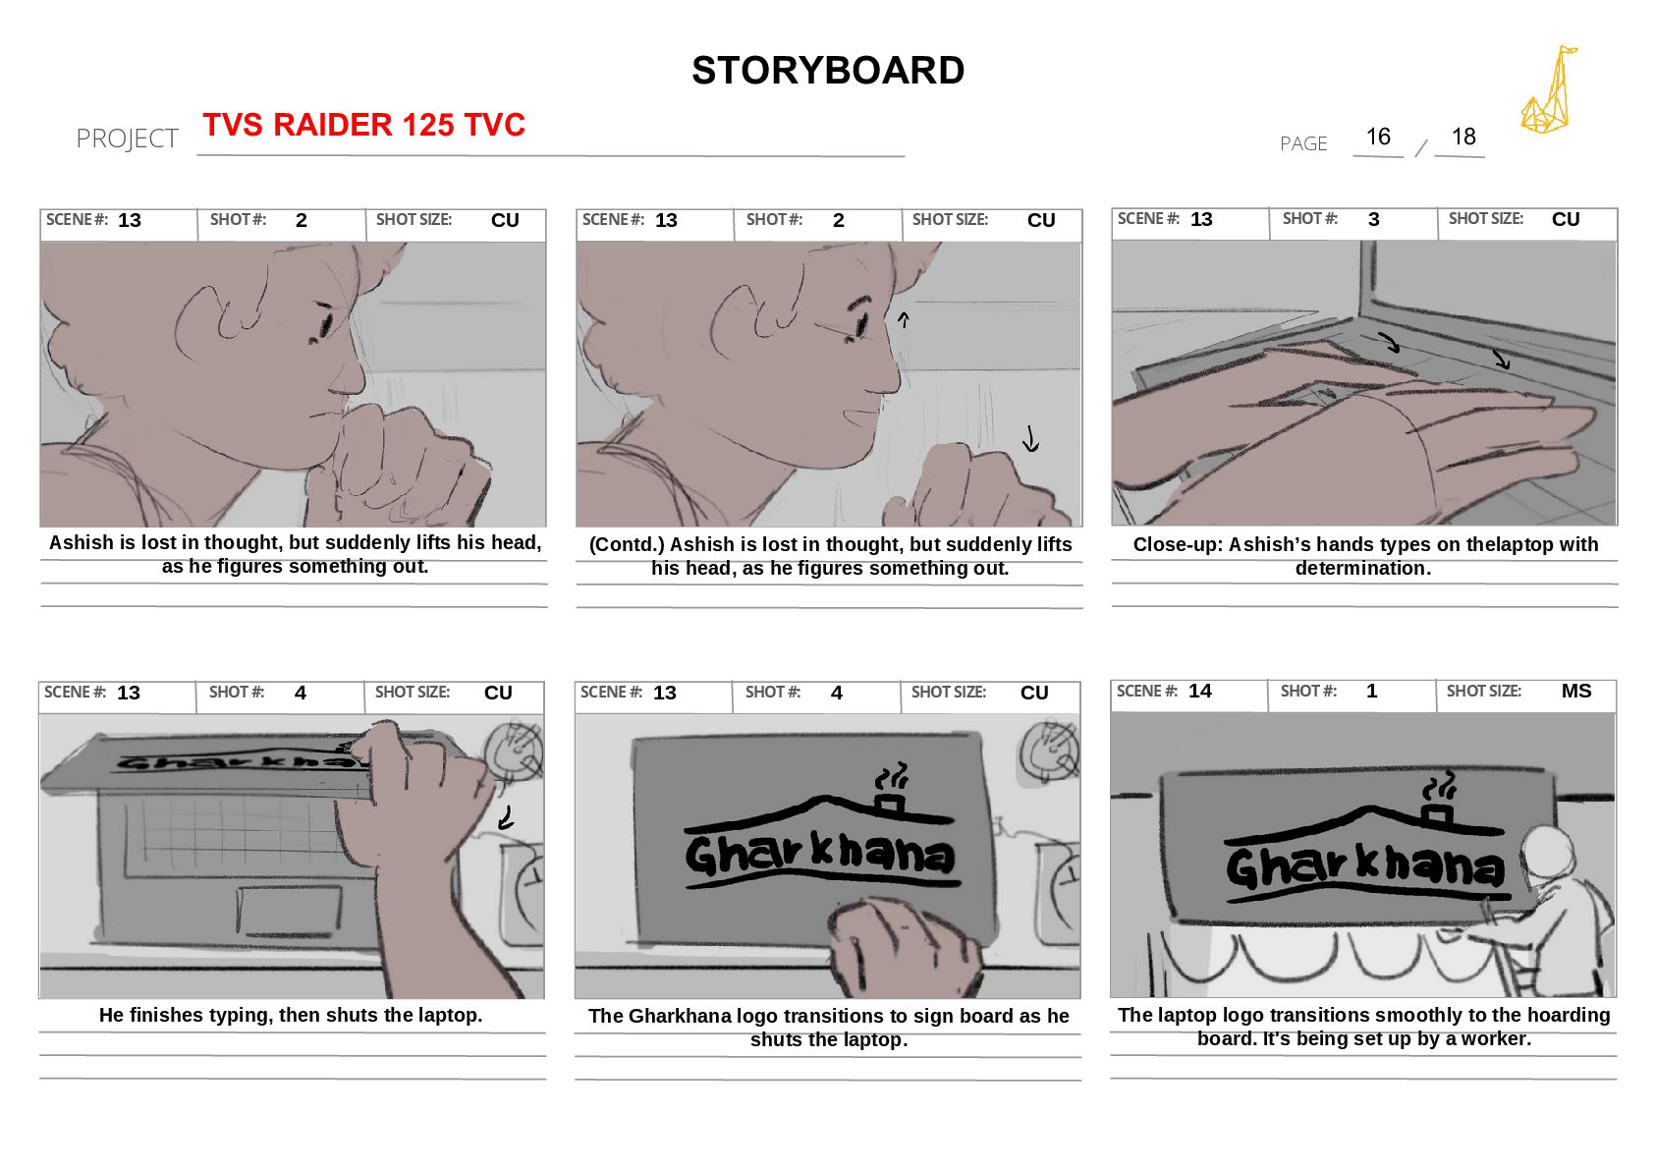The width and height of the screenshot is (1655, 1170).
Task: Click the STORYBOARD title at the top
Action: point(827,71)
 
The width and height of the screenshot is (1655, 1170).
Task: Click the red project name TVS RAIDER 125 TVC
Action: point(363,124)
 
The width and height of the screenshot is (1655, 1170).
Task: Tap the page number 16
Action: point(1378,137)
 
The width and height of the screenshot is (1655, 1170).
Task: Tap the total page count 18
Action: point(1463,137)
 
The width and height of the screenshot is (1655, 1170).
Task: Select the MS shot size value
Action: point(1576,691)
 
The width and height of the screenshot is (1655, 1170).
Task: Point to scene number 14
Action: point(1200,691)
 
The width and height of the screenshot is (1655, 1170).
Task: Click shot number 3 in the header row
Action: point(1373,219)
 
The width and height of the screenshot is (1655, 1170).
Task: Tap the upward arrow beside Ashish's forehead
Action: point(903,319)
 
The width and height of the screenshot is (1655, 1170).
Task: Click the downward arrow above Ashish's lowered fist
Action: point(1030,438)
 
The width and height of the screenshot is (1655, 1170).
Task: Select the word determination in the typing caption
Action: point(1362,569)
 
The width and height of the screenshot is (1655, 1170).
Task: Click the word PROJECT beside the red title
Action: point(127,139)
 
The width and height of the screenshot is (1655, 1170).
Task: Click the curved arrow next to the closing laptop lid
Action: point(506,817)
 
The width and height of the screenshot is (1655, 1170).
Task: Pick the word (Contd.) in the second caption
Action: point(627,544)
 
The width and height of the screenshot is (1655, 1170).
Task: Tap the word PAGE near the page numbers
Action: point(1303,143)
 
